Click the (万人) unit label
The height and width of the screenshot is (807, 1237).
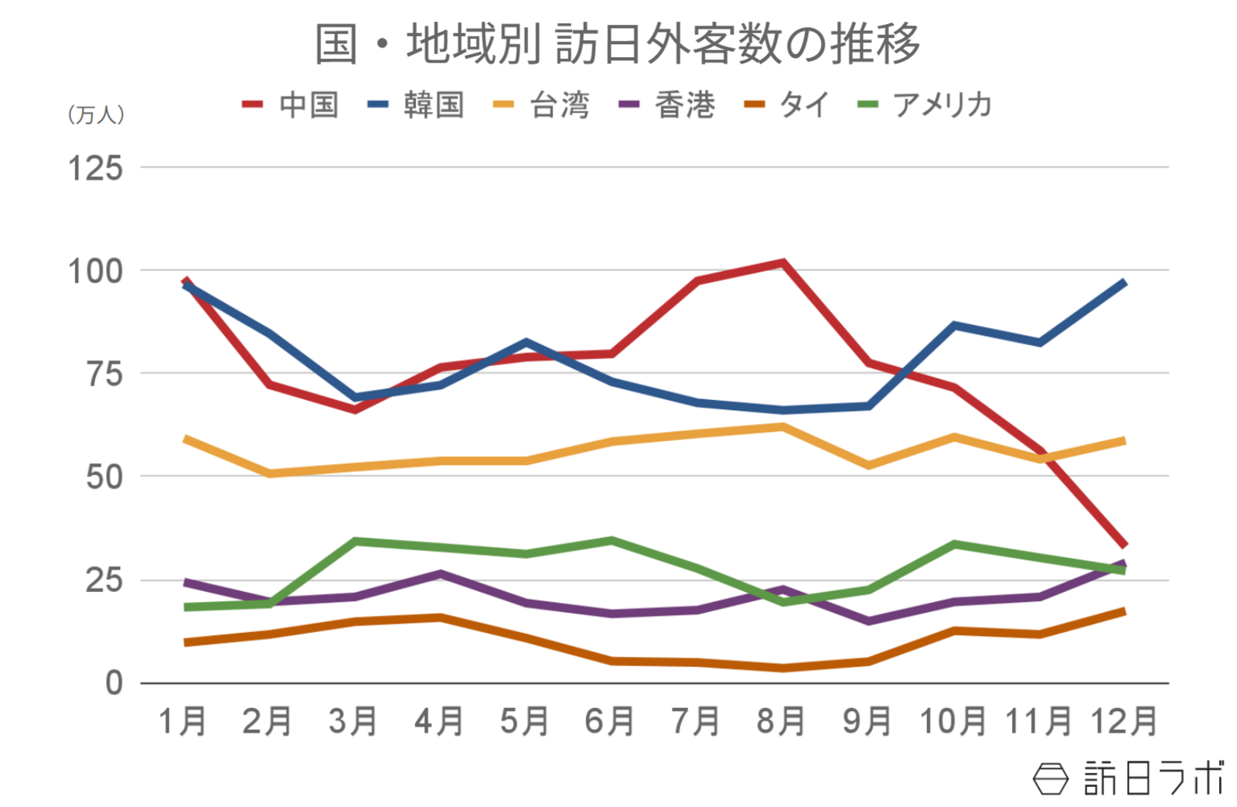pos(96,115)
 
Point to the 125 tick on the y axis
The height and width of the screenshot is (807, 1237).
pos(96,168)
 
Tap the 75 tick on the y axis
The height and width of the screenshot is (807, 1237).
pos(104,374)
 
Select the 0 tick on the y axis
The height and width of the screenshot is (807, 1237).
pos(114,683)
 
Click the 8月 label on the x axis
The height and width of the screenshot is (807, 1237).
pos(782,721)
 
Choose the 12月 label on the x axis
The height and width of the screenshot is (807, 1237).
pos(1124,721)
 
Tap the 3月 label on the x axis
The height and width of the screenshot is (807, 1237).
pos(353,721)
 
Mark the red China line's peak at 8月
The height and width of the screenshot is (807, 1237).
pos(782,263)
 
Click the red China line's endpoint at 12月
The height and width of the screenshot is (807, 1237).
pos(1123,545)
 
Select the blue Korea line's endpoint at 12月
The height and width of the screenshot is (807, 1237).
pos(1123,283)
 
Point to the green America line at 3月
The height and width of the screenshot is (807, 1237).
pos(355,541)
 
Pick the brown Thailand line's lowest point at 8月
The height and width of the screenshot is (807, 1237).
pos(782,668)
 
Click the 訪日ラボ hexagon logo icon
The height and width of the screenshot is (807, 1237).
pos(1050,778)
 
